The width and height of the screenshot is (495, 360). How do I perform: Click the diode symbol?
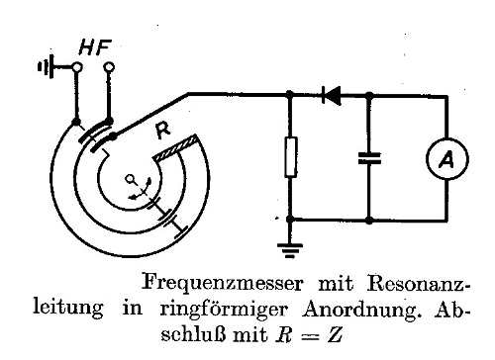point(332,96)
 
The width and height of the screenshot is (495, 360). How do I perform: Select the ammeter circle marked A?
point(447,159)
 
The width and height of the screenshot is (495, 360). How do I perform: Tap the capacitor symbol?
point(369,158)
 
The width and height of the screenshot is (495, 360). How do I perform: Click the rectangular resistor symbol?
point(290,157)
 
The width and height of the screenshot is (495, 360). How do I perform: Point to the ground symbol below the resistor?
point(290,250)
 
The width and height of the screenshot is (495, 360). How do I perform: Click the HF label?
point(95,47)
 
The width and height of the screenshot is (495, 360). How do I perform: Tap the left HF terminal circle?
point(77,67)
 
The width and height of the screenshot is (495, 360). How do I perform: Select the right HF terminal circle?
point(109,67)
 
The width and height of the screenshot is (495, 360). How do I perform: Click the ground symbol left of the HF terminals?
point(46,67)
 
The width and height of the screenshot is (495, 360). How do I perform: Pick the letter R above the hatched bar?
point(162,131)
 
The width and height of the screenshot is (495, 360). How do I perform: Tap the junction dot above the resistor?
point(289,95)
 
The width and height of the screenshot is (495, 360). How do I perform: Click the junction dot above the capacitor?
point(369,96)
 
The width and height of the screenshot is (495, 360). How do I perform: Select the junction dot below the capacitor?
point(369,220)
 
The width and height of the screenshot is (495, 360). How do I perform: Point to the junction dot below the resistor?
point(290,220)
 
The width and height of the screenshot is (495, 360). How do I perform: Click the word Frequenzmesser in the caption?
point(222,283)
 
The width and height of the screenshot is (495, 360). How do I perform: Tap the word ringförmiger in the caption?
point(224,310)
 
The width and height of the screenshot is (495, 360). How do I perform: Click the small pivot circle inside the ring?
point(131,179)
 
